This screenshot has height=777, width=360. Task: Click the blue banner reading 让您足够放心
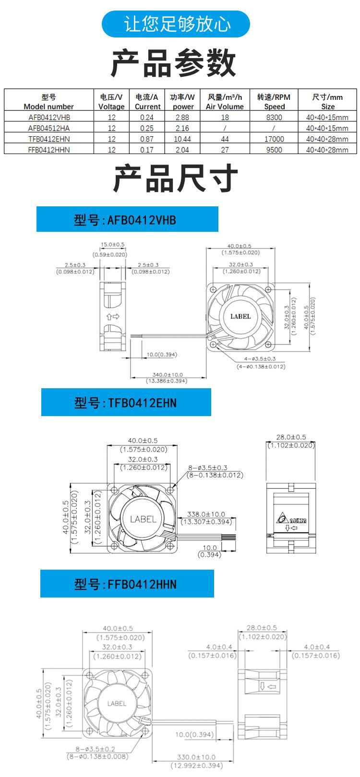coord(176,24)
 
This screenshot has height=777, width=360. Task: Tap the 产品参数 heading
coord(174,63)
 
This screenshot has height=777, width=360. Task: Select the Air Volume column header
coord(225,102)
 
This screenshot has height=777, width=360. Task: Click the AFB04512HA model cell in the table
coord(48,128)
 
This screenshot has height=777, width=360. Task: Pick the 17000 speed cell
coord(274,139)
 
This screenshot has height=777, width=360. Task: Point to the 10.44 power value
coord(182,139)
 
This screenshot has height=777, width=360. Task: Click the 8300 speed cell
coord(274,117)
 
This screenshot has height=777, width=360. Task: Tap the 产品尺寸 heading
coord(175,178)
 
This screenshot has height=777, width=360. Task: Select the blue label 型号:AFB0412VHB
coord(127,220)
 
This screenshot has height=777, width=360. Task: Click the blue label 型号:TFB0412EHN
coord(126,402)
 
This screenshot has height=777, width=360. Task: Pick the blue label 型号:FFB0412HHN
coord(127,584)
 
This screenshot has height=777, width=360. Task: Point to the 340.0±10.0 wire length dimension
coord(167,375)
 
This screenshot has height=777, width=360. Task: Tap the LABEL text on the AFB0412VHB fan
coord(240,316)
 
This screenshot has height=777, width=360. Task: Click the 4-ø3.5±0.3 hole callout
coord(260,359)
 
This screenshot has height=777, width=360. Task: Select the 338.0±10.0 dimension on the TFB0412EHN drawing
coord(206,514)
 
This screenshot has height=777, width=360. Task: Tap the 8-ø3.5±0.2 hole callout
coord(95,749)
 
